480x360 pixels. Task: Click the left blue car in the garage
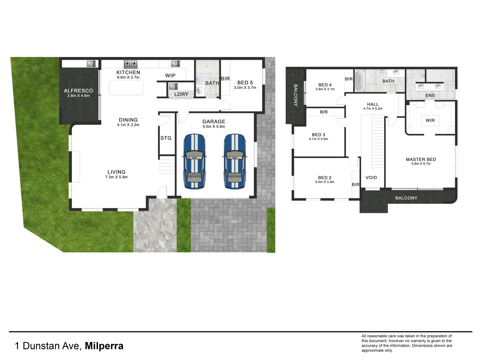click(194, 162)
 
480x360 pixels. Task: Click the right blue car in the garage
click(235, 162)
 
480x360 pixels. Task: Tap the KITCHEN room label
click(128, 72)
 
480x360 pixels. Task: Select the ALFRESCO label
click(78, 91)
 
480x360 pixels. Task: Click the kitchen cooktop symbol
click(131, 63)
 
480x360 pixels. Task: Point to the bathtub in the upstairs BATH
click(360, 81)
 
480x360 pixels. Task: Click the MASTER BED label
click(421, 159)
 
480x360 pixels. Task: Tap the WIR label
click(430, 120)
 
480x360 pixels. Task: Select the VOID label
click(371, 178)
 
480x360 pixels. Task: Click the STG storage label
click(166, 138)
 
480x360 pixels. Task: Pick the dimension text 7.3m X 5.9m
click(116, 177)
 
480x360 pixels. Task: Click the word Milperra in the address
click(104, 346)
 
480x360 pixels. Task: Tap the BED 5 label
click(245, 83)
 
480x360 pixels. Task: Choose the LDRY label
click(181, 94)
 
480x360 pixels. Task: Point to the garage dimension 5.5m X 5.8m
click(214, 127)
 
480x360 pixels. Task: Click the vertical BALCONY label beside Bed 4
click(295, 95)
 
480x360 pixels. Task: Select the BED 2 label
click(325, 178)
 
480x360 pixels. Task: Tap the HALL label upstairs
click(373, 104)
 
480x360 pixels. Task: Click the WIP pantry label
click(170, 76)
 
